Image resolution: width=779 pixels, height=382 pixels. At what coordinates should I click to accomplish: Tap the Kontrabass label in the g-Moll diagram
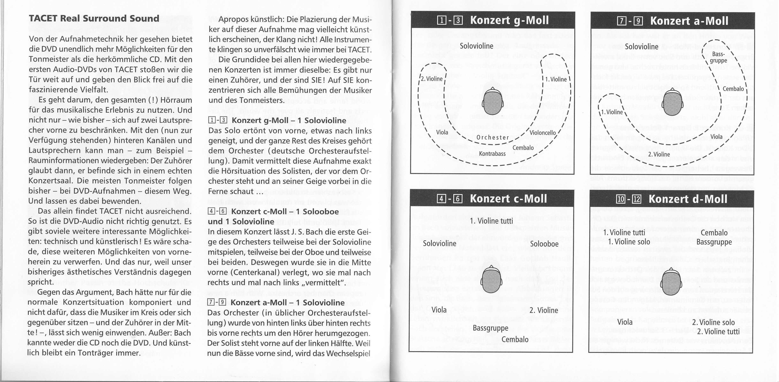coord(492,154)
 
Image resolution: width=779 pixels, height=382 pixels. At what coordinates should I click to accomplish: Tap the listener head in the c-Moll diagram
coord(491,280)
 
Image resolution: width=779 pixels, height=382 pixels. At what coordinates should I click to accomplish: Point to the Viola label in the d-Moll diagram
coord(625,322)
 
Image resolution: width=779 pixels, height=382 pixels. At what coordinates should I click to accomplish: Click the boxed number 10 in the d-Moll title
coord(621,199)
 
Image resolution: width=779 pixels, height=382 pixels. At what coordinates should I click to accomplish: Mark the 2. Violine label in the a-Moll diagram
coord(659,154)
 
